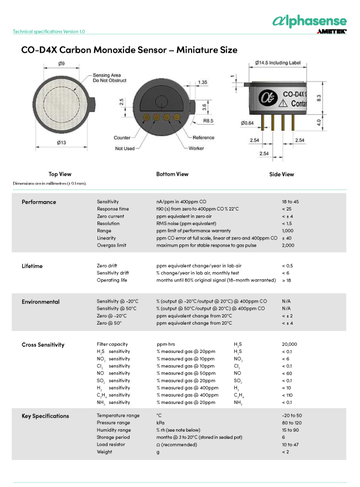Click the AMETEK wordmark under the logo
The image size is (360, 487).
click(x=331, y=32)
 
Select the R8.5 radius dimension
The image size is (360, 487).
click(x=209, y=120)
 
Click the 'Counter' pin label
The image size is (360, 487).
click(x=122, y=137)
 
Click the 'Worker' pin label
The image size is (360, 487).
click(x=196, y=148)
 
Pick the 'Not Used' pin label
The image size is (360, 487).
click(x=125, y=148)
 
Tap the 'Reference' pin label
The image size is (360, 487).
click(x=203, y=137)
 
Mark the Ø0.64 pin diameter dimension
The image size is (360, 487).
click(x=247, y=122)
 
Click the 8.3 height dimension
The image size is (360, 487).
click(x=320, y=97)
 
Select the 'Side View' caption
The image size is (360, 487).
click(x=281, y=174)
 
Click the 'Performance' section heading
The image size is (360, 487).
click(x=39, y=202)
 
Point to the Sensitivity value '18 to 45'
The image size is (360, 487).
click(x=290, y=202)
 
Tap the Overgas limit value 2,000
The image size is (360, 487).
click(x=287, y=245)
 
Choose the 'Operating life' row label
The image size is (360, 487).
click(x=112, y=280)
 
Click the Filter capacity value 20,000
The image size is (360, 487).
click(x=289, y=344)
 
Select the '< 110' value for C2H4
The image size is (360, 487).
click(x=287, y=395)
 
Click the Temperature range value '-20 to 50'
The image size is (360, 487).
click(x=292, y=416)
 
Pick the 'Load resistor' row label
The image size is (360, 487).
click(x=111, y=444)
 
